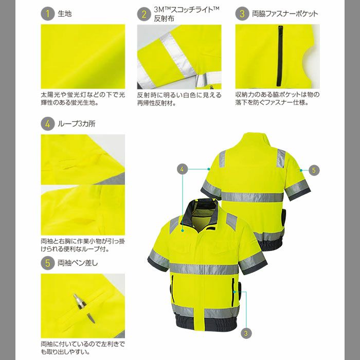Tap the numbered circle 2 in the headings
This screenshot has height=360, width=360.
point(144,14)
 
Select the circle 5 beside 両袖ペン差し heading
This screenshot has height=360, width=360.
point(47,262)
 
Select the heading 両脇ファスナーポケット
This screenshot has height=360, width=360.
point(285,14)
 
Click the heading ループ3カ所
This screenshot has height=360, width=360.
point(77,123)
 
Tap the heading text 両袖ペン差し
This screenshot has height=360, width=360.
point(78,262)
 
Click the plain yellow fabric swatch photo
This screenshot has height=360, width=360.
point(82,56)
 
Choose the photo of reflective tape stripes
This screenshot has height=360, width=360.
point(179,56)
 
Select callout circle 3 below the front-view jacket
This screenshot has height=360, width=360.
point(247,333)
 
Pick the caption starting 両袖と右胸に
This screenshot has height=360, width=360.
point(82,244)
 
